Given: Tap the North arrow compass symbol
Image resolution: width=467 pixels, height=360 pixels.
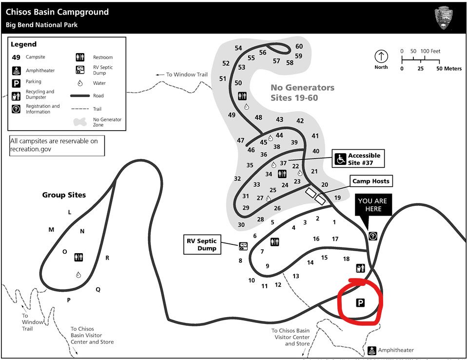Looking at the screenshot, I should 381,56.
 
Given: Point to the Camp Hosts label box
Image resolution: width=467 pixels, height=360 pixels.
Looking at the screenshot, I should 371,181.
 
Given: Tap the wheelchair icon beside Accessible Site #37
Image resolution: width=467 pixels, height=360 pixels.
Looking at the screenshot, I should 340,159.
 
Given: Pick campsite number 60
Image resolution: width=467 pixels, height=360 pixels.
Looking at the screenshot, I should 299,47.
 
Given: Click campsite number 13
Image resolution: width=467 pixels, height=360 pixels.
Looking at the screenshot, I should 296,276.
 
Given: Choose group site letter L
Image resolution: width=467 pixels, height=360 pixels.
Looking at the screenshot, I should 70,212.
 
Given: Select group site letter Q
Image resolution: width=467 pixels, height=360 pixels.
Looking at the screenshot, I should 98,289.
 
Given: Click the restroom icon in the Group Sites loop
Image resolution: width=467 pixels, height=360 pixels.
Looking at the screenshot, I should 79,257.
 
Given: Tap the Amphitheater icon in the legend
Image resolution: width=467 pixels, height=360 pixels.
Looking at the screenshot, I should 17,70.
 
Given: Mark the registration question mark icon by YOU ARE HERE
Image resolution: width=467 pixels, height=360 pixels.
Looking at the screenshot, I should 373,236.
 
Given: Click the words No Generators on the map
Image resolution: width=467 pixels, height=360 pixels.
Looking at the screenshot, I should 303,88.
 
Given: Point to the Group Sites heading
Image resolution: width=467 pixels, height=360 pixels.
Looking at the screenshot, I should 64,195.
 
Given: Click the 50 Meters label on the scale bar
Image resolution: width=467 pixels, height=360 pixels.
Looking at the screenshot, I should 449,69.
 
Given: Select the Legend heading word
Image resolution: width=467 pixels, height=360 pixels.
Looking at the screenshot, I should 24,44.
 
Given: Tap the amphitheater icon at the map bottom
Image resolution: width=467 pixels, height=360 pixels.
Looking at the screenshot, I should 371,350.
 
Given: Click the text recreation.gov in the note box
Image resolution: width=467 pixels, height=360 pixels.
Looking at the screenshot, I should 31,149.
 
